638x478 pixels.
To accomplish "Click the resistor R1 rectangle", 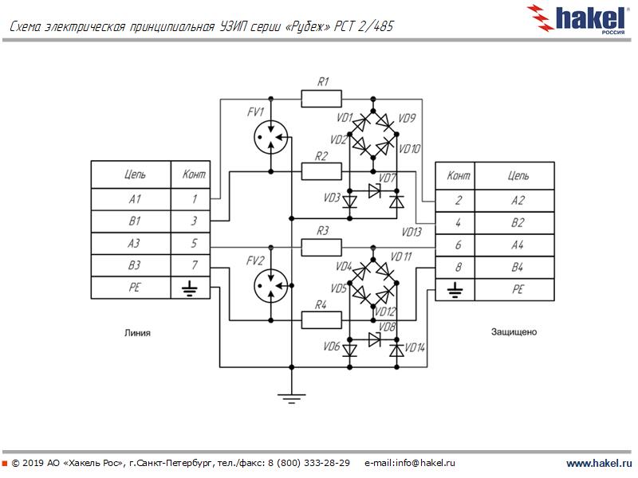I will [x=322, y=99].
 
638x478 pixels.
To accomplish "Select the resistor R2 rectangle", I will [x=321, y=170].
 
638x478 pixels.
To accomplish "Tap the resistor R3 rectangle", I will [x=321, y=247].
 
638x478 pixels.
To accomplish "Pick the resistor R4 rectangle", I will [x=321, y=319].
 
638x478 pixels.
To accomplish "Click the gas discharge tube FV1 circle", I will [x=270, y=138].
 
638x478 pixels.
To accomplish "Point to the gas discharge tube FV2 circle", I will [x=270, y=284].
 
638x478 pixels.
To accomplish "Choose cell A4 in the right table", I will [x=518, y=245].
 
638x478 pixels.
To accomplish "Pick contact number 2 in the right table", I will [x=457, y=200].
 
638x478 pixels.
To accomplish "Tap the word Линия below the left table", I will [x=137, y=332].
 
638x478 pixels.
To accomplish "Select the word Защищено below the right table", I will [x=514, y=331].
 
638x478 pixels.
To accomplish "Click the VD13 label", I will [x=412, y=233].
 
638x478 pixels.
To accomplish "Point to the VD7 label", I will [x=388, y=177].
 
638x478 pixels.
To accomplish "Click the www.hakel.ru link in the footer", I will [x=598, y=463].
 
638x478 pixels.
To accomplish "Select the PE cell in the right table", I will [x=518, y=289].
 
